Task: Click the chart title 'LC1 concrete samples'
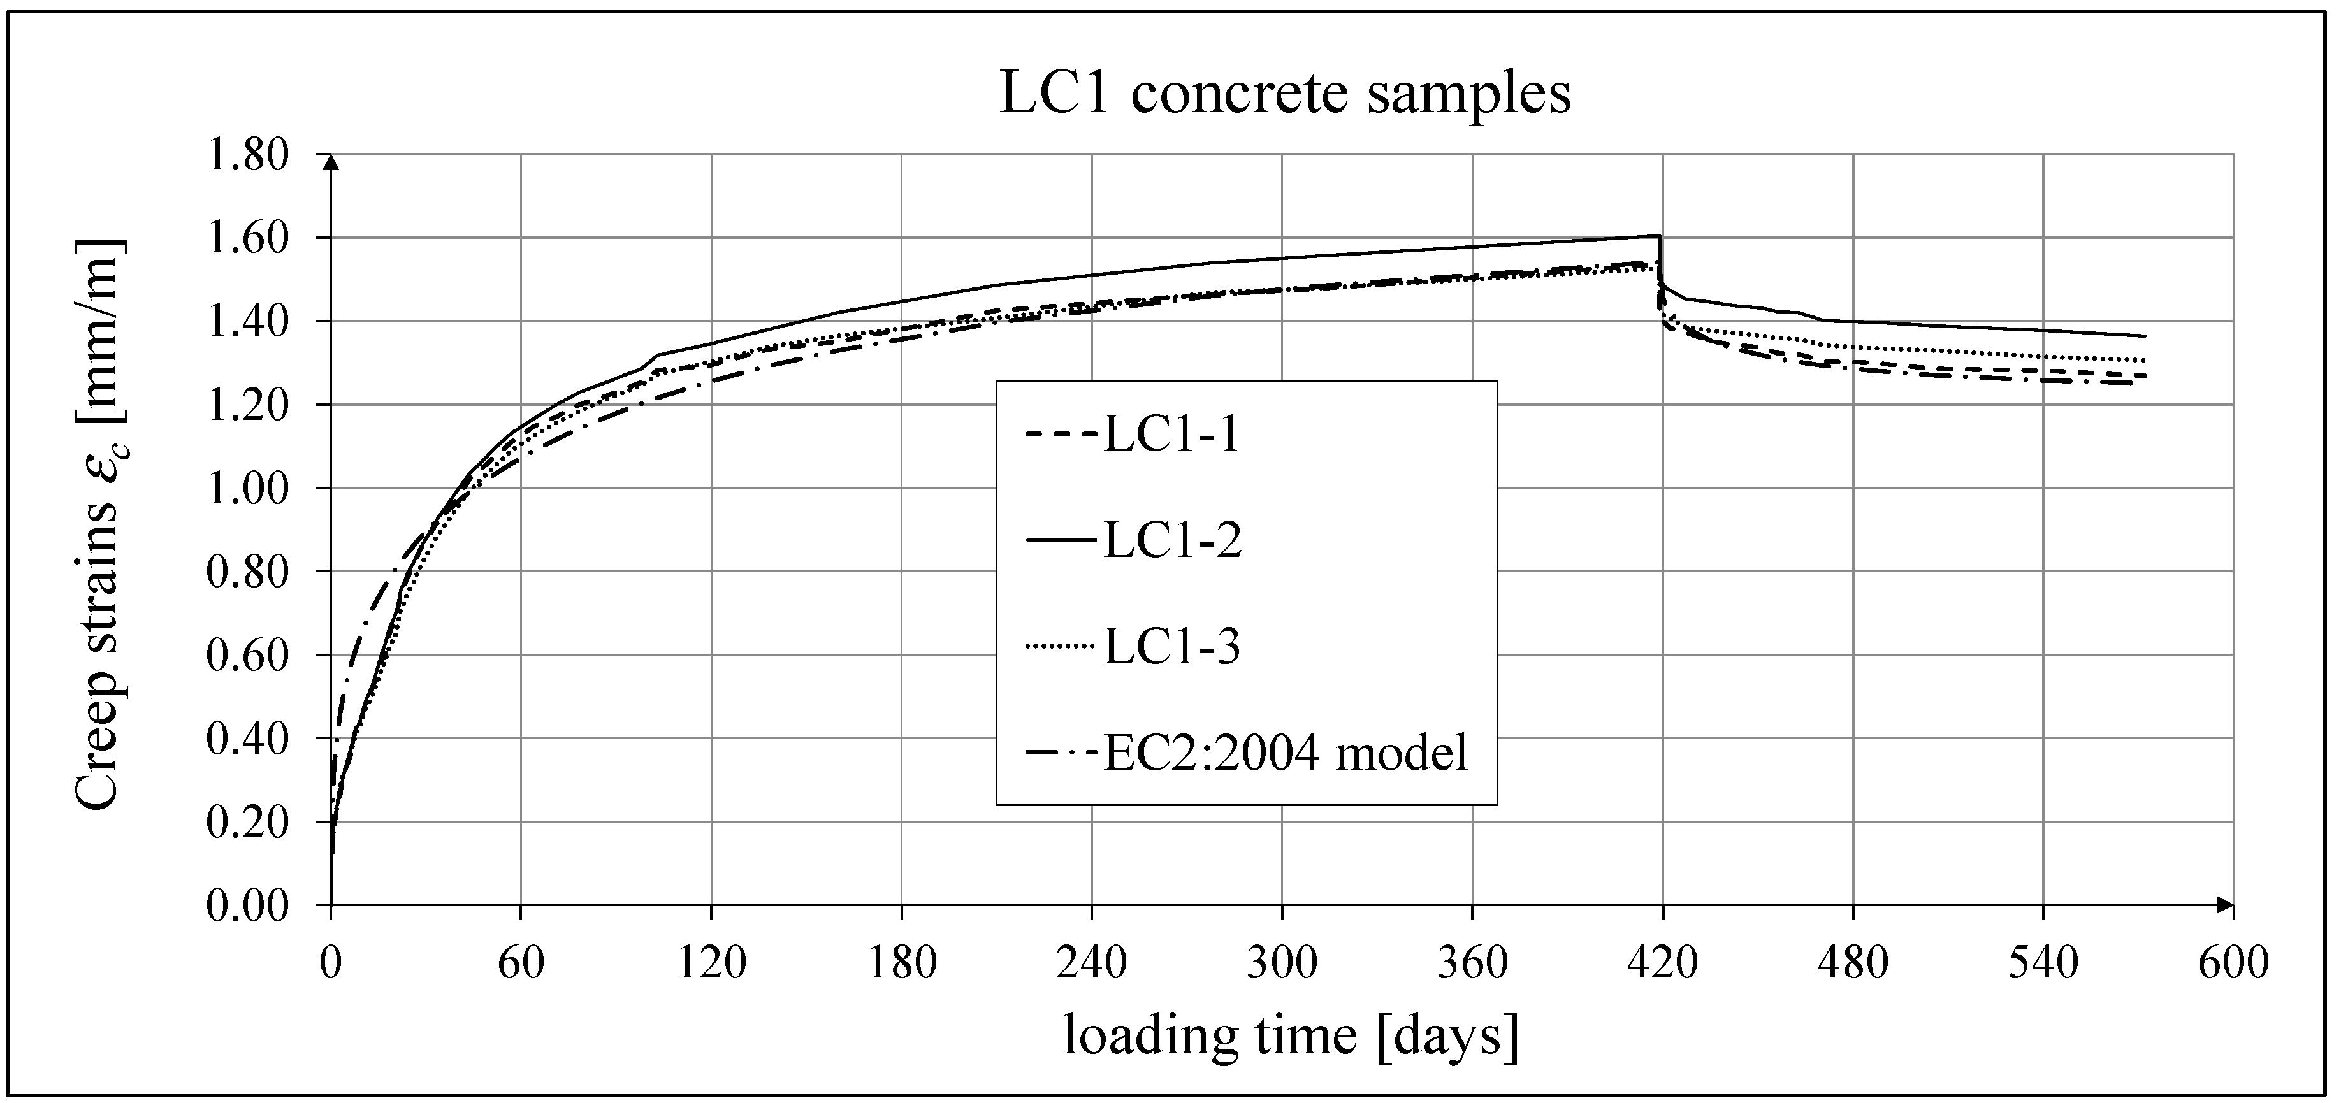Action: (1284, 94)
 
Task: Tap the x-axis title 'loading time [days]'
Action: (1291, 1037)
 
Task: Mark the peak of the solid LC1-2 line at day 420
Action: (1660, 236)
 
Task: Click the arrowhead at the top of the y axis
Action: (331, 162)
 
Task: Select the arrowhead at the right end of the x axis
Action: (2224, 904)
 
